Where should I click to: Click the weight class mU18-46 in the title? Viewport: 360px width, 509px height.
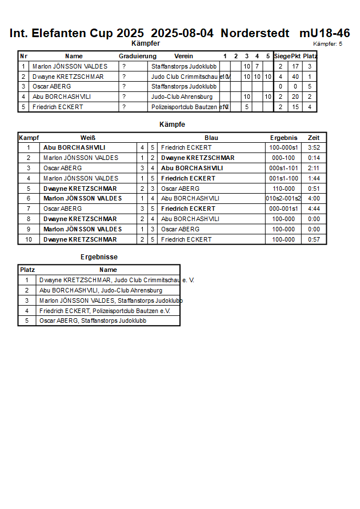324,33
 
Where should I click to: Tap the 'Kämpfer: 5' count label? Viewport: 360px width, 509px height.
327,44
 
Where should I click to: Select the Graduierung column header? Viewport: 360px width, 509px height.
137,56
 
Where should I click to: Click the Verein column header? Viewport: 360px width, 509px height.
183,56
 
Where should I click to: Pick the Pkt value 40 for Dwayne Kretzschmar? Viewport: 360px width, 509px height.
295,77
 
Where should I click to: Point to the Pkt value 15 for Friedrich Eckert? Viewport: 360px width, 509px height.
295,107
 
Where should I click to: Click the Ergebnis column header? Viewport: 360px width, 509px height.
283,138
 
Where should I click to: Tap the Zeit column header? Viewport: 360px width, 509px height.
314,138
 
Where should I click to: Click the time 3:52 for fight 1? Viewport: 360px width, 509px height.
314,147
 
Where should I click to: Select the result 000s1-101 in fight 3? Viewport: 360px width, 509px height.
283,168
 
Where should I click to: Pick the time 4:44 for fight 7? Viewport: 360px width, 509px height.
314,209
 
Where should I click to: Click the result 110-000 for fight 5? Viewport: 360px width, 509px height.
283,189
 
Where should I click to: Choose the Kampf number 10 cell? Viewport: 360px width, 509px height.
28,239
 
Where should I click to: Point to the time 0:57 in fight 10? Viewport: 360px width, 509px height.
314,239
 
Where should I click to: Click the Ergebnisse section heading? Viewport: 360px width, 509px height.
99,257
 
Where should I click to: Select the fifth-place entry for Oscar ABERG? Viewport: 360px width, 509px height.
93,321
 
